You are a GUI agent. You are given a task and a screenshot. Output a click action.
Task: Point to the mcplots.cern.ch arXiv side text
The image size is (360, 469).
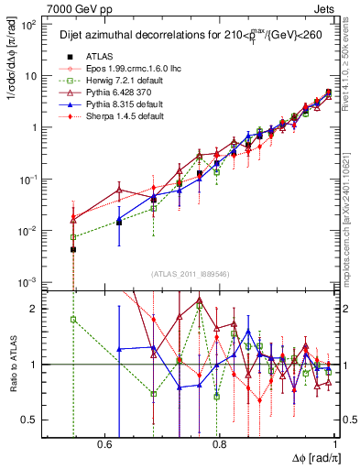(x=352, y=211)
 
